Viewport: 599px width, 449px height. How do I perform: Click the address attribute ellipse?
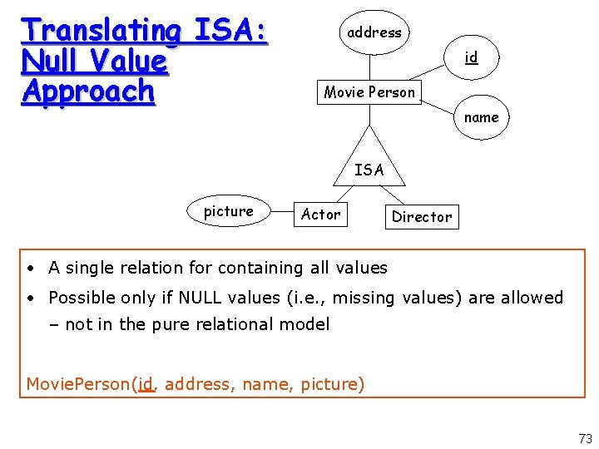(x=374, y=32)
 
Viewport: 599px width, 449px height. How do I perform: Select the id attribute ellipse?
(x=471, y=57)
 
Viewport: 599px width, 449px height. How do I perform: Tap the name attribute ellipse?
(x=481, y=117)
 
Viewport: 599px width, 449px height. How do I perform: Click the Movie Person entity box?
(x=369, y=91)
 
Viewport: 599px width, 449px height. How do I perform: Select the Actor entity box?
(x=320, y=215)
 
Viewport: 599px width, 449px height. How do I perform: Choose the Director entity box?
(x=422, y=217)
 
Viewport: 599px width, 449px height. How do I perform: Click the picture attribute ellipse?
(x=229, y=211)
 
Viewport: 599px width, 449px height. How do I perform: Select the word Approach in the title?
(x=89, y=91)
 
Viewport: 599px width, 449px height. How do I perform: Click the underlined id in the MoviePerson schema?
(x=146, y=383)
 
